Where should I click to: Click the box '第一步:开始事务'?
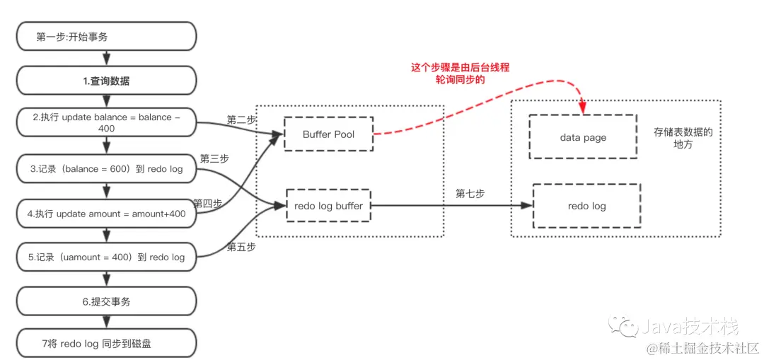pos(106,37)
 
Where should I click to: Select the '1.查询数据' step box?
pos(106,81)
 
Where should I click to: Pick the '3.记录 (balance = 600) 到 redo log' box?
pos(106,169)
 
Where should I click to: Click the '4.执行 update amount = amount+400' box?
pos(106,213)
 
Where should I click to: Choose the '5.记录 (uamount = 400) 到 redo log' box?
pos(106,257)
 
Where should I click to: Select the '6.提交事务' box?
pos(106,301)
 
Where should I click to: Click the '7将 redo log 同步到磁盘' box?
pos(106,344)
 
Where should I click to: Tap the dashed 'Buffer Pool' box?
pos(328,134)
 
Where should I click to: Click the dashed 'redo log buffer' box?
pos(328,206)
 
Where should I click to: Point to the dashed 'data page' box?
pos(582,137)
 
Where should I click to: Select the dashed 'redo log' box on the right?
pos(586,206)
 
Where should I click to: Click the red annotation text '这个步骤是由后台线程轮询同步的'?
pos(461,74)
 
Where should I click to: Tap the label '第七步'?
pos(470,194)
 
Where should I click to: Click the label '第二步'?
pos(241,120)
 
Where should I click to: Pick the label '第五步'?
pos(241,247)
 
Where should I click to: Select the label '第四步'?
pos(207,204)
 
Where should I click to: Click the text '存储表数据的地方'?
pos(683,138)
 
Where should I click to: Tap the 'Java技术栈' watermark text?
pos(690,327)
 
